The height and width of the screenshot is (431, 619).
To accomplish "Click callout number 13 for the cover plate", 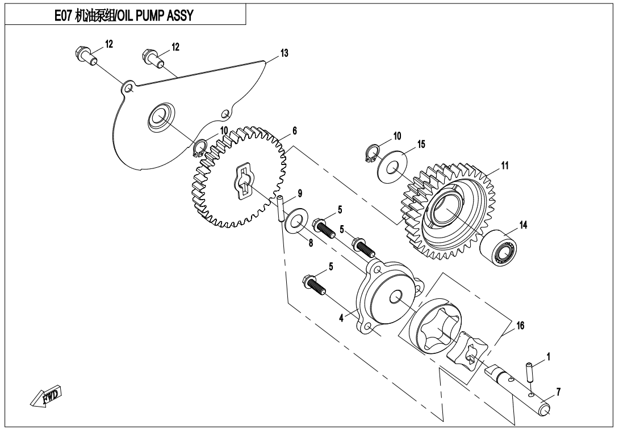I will pos(284,53).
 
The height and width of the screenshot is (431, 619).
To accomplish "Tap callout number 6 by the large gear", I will pos(294,130).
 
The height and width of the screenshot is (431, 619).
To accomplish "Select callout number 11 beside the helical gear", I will pos(504,166).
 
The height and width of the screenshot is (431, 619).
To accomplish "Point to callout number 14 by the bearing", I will pos(523,225).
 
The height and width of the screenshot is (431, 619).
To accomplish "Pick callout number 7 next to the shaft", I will pos(559,392).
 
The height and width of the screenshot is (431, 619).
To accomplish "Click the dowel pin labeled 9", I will pos(281,208).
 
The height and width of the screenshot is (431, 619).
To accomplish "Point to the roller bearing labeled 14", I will pos(500,247).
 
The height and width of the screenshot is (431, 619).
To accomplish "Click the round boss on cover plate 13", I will pos(158,117).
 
